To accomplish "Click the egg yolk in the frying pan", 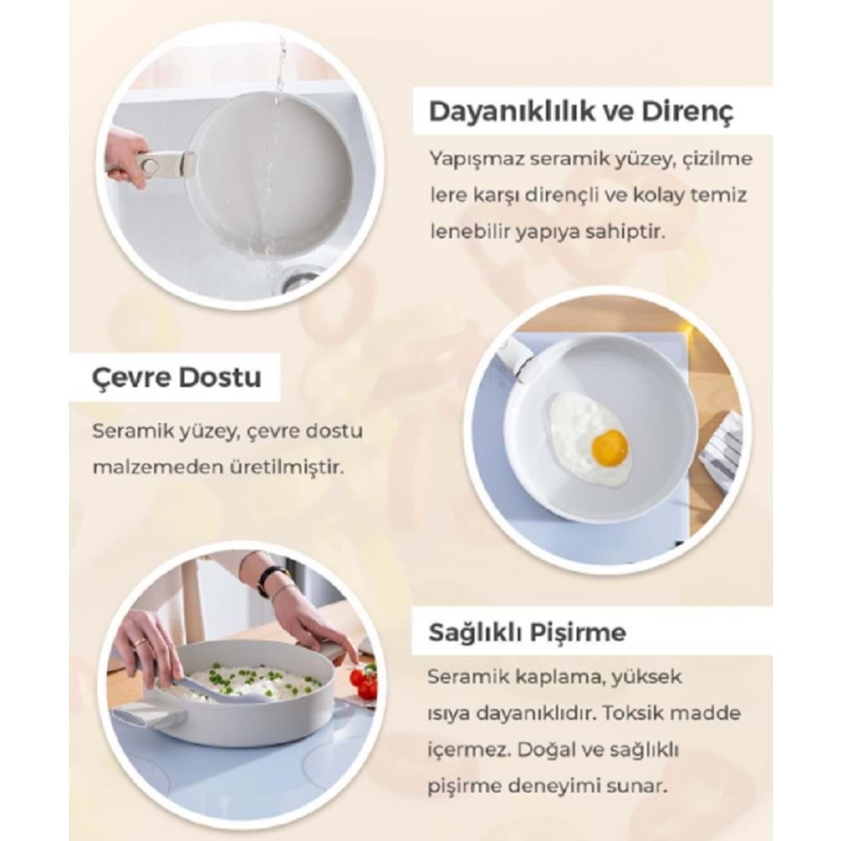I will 610,447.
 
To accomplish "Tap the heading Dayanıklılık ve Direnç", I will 581,112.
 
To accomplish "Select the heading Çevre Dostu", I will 177,378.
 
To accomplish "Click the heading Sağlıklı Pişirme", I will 527,632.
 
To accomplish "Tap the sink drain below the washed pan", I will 301,280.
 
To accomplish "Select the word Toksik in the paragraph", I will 631,713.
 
